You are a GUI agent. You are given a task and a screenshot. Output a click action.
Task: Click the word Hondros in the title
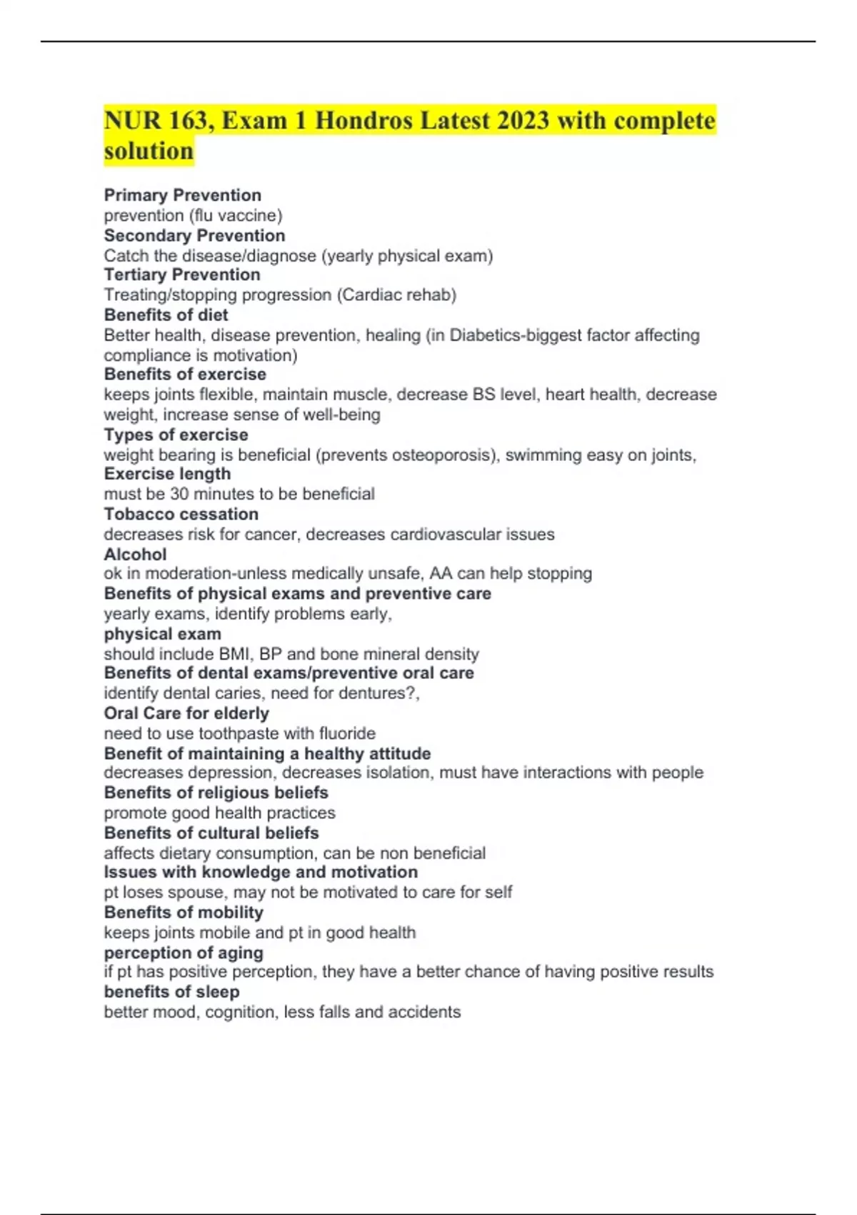click(x=364, y=120)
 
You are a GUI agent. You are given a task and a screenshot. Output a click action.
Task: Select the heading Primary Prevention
click(x=182, y=195)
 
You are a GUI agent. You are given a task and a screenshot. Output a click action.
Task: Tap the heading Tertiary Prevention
click(x=181, y=274)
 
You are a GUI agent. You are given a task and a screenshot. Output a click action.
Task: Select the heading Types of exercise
click(x=176, y=435)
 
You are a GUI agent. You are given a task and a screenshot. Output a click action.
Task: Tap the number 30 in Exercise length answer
click(x=179, y=494)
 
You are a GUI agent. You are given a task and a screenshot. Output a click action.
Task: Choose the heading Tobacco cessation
click(x=181, y=514)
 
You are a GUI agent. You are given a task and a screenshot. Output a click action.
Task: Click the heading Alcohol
click(x=135, y=554)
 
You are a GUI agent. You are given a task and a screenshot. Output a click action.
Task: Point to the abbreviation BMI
click(x=236, y=654)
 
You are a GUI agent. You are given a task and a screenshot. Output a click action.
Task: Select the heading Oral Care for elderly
click(x=186, y=713)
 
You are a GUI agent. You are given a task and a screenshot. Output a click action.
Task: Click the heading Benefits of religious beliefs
click(x=216, y=793)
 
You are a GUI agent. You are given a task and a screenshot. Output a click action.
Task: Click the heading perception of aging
click(x=184, y=953)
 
